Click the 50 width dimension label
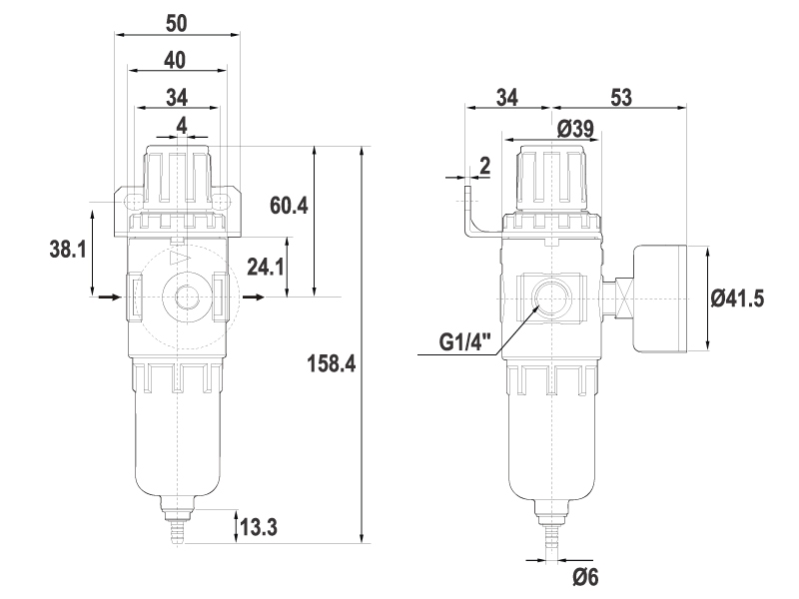[x=177, y=23]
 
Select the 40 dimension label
[x=175, y=60]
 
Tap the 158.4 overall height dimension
[x=332, y=364]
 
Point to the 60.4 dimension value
[x=289, y=206]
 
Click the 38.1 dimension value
[x=68, y=250]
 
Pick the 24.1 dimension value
[x=266, y=267]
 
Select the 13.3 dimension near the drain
[x=259, y=527]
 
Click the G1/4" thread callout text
[x=465, y=341]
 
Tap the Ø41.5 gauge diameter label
[x=737, y=299]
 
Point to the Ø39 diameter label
[x=575, y=129]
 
